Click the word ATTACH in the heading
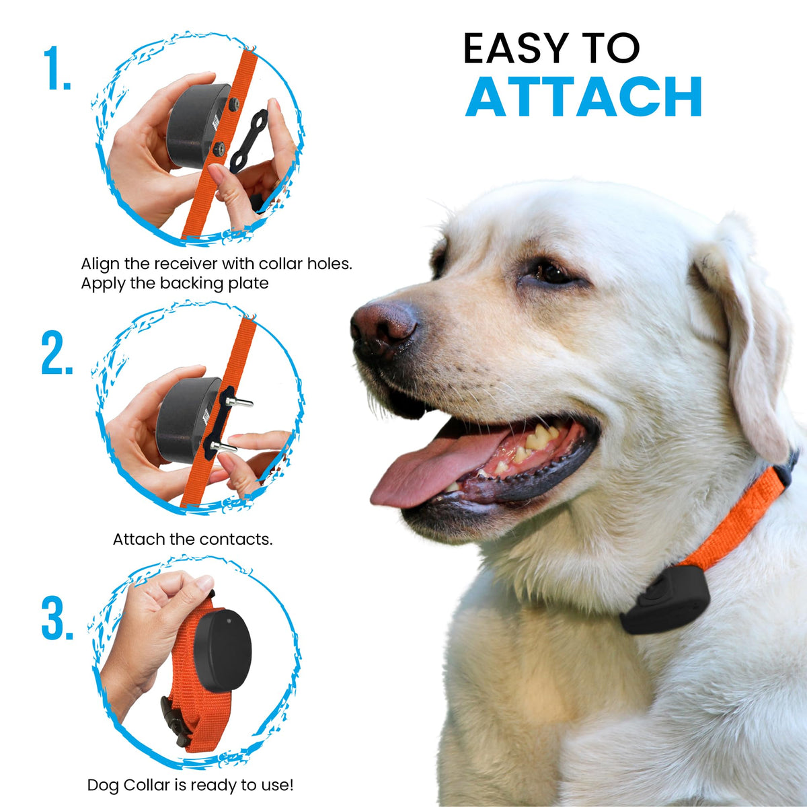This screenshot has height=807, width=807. (583, 96)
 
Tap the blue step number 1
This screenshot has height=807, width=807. (57, 68)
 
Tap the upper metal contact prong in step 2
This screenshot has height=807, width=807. (239, 402)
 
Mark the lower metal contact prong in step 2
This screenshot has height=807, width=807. (224, 447)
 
